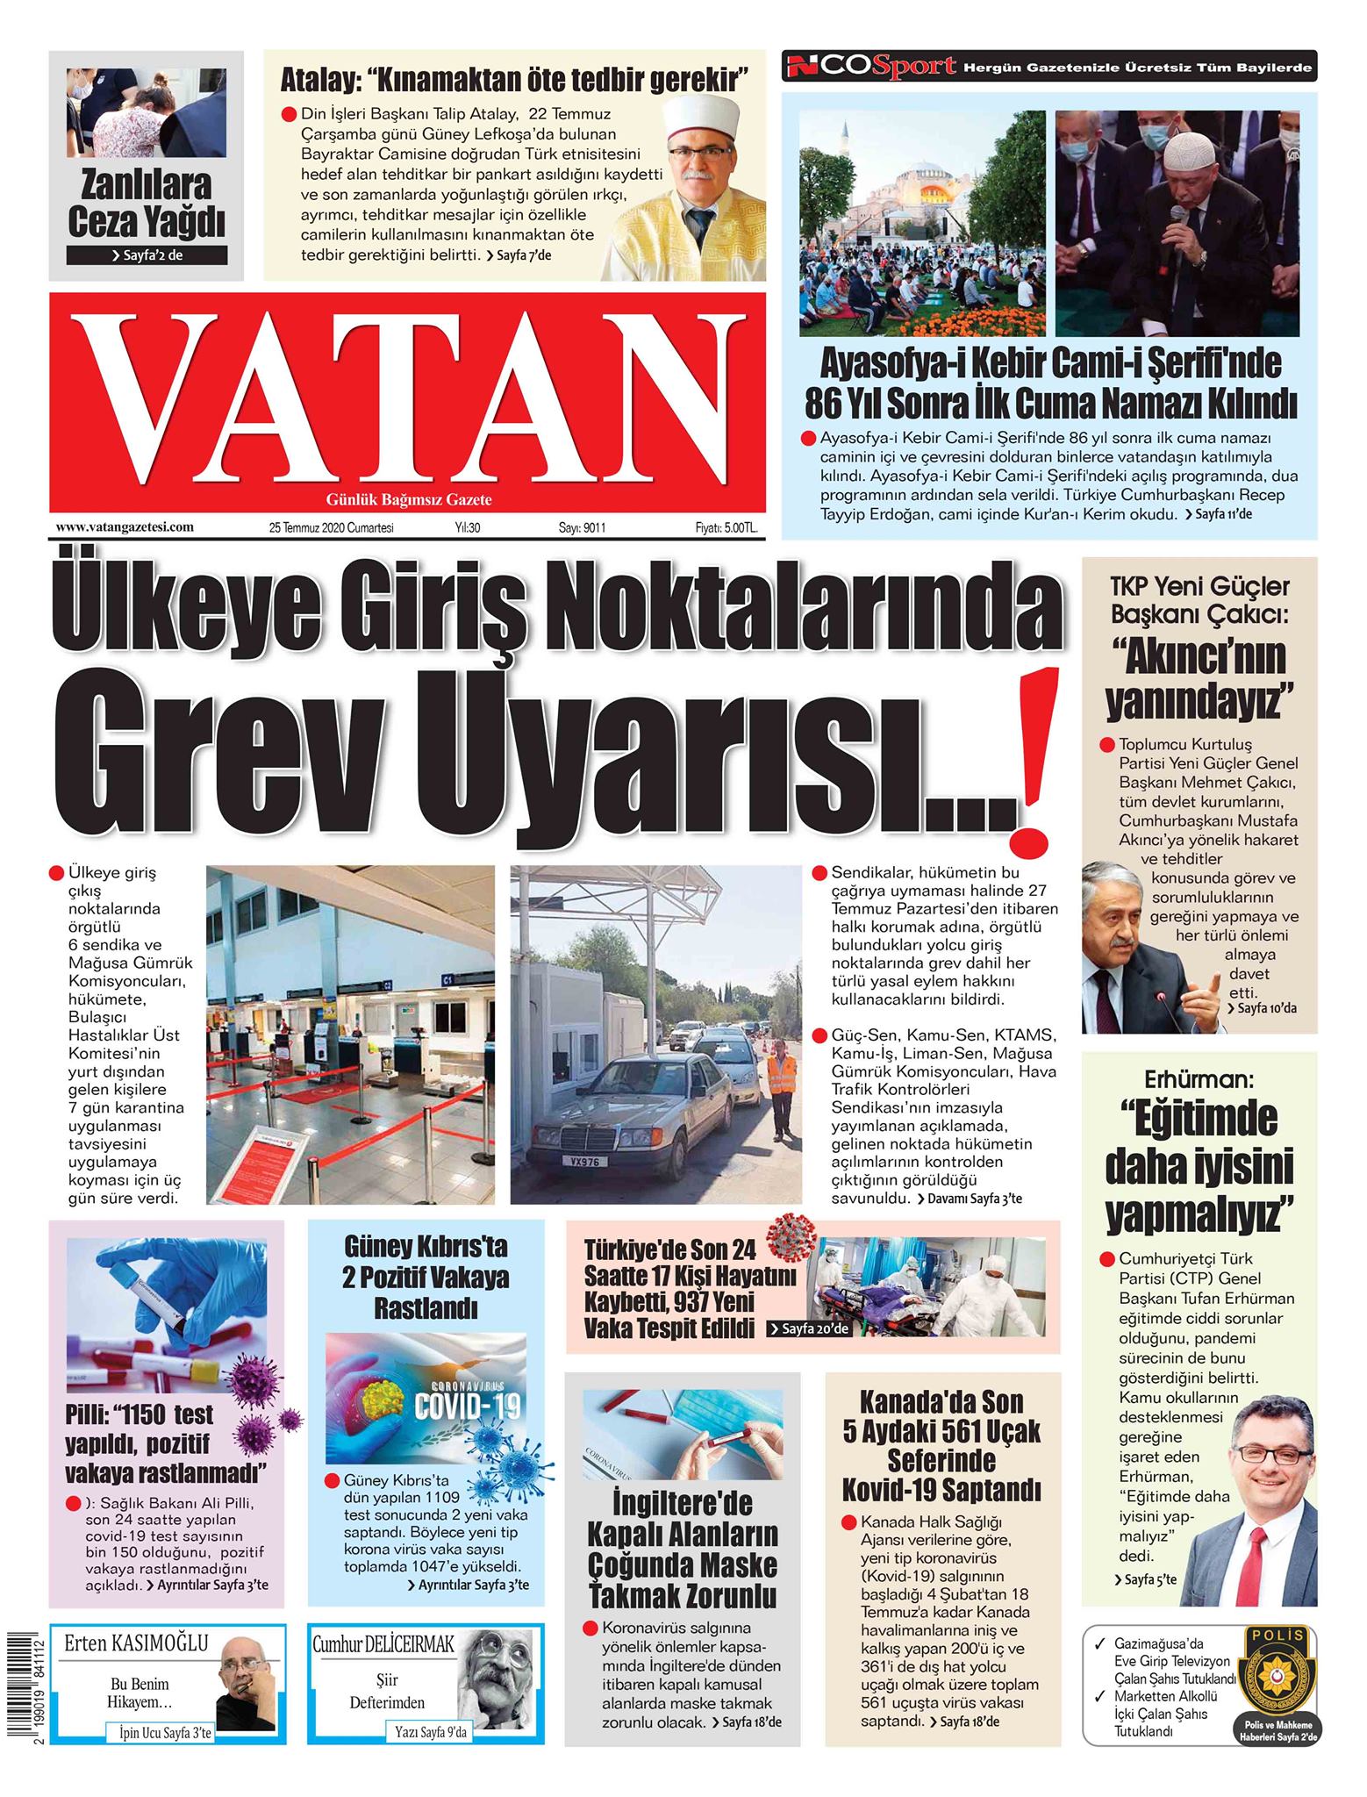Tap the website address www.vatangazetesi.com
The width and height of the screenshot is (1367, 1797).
pos(124,527)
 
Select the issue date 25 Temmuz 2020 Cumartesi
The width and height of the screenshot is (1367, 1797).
pos(332,528)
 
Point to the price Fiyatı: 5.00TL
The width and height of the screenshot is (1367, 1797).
pos(726,528)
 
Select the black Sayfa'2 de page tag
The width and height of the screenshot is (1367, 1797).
pos(147,255)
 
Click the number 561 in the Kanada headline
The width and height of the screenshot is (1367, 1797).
pos(953,1431)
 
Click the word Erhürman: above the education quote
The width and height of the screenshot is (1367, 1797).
pos(1198,1078)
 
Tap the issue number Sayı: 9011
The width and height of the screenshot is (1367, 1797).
pos(583,528)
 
